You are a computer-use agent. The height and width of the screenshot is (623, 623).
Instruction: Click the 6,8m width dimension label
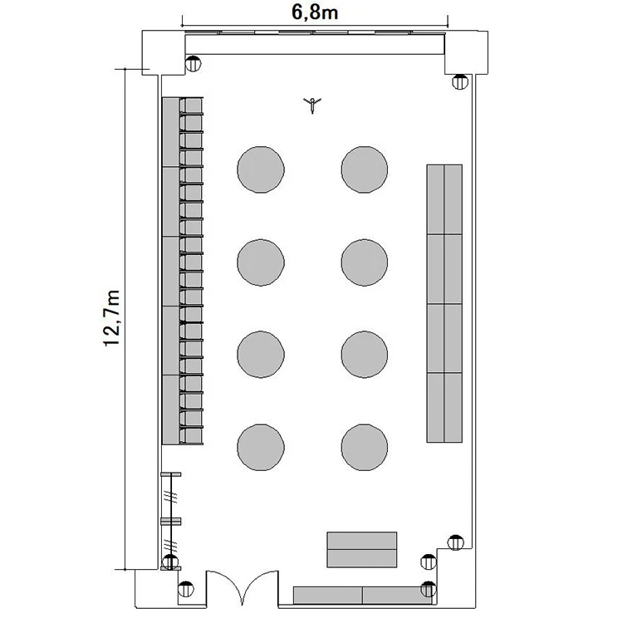click(315, 12)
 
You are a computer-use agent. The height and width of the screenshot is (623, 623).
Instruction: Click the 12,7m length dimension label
click(112, 318)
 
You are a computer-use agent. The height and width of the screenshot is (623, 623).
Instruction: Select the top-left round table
click(261, 169)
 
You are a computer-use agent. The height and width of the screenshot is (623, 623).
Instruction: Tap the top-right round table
click(365, 169)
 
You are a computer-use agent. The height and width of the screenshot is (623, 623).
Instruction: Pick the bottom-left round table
click(261, 448)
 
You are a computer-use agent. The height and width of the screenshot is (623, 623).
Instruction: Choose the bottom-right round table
click(365, 448)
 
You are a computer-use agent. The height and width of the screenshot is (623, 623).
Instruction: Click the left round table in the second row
click(261, 262)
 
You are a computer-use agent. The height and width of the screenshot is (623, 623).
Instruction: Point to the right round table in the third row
click(365, 355)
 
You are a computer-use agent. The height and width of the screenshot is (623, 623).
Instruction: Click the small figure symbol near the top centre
click(312, 105)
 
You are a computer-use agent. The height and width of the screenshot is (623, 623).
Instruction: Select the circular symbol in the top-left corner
click(193, 64)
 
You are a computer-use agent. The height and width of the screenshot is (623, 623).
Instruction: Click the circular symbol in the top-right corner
click(460, 82)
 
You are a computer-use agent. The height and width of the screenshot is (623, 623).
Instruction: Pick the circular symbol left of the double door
click(186, 589)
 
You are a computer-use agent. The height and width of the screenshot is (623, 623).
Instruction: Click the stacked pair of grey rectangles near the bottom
click(362, 550)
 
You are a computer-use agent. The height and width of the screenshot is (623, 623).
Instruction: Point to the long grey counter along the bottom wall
click(363, 596)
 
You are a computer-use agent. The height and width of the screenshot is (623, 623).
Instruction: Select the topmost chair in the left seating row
click(191, 105)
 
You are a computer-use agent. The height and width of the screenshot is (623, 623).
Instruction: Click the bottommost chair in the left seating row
click(191, 436)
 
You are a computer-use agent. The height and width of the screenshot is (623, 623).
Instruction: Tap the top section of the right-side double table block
click(444, 199)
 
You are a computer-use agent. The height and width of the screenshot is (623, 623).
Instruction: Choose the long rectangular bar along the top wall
click(315, 45)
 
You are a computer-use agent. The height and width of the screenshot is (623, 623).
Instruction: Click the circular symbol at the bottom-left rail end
click(170, 562)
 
